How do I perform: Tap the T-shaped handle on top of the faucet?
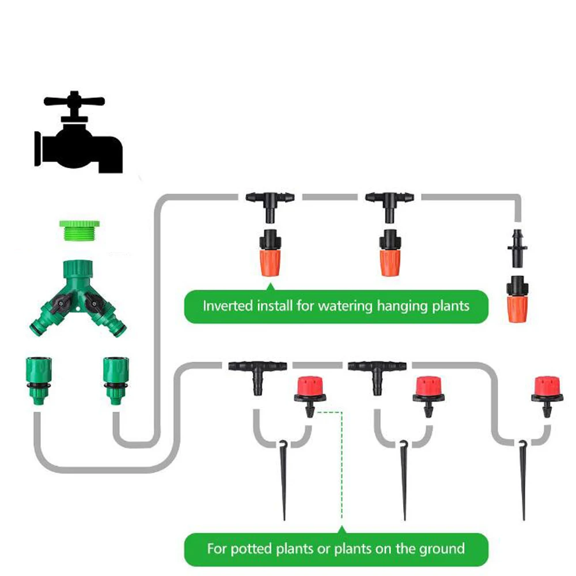click(74, 101)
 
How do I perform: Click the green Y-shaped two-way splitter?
click(78, 297)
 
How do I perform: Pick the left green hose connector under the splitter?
click(39, 380)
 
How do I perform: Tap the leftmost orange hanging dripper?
click(270, 253)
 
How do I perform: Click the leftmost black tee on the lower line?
click(257, 372)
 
